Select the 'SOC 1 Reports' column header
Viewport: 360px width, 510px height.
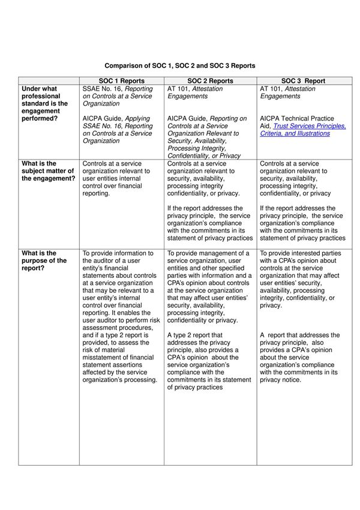coord(121,80)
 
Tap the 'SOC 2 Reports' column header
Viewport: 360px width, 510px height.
coord(210,80)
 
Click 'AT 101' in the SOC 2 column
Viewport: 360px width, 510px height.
coord(178,88)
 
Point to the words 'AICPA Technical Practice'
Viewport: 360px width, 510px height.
coord(297,119)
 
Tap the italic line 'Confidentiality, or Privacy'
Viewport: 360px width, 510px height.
coord(204,155)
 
